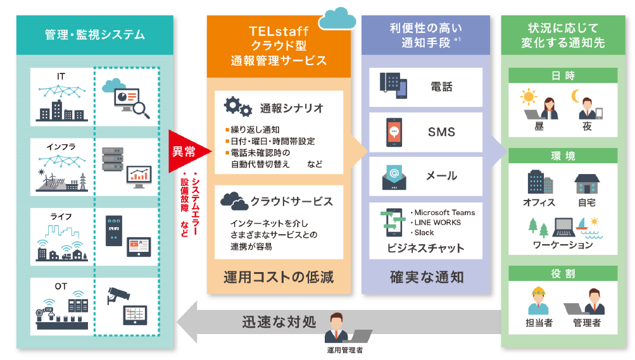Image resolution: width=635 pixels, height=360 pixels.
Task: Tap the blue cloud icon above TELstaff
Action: click(x=337, y=18)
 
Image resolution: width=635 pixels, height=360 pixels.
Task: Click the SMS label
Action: click(x=441, y=132)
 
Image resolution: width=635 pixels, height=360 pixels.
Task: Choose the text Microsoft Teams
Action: click(x=443, y=212)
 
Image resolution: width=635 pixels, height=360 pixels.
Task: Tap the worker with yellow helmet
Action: click(x=539, y=301)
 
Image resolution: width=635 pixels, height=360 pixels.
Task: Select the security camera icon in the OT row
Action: click(x=119, y=290)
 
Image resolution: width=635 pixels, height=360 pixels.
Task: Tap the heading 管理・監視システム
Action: click(x=95, y=34)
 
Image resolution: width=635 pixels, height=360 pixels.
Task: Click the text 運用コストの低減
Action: click(x=279, y=276)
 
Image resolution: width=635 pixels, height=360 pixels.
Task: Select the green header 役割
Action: click(x=563, y=273)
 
